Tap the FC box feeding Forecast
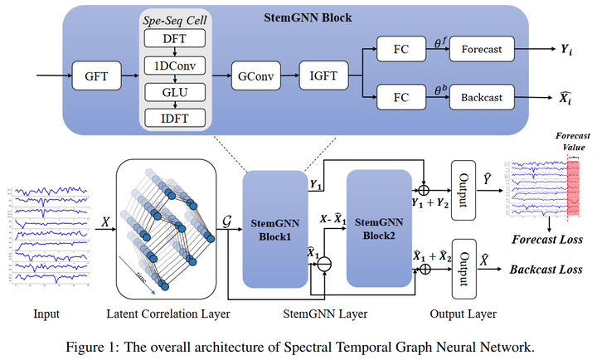402,50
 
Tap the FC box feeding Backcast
402,97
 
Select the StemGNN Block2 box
378,228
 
